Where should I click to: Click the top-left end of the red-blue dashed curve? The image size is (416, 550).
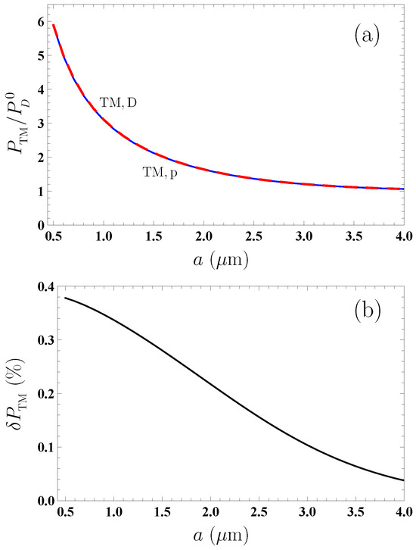pos(54,24)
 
